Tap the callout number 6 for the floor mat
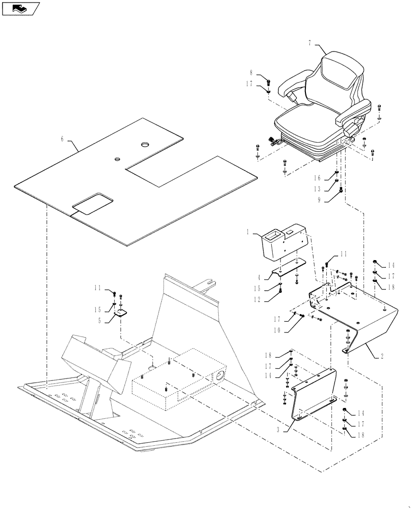click(62, 139)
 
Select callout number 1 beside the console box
click(248, 233)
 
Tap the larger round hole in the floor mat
click(144, 145)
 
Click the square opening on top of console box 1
click(271, 236)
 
